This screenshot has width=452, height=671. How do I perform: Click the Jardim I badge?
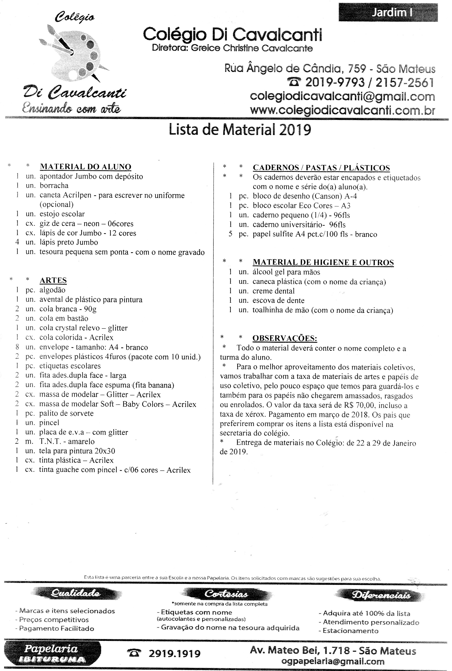point(388,12)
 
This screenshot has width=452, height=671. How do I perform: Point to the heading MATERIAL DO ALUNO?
point(85,167)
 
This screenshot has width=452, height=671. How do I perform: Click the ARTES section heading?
point(53,280)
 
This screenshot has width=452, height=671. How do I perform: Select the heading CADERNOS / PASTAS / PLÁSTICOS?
point(321,168)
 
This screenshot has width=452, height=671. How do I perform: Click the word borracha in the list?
point(54,186)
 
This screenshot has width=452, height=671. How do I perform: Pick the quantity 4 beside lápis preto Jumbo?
point(17,242)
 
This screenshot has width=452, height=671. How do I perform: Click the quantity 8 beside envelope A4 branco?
point(17,347)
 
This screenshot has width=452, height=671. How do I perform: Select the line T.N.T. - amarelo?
point(67,441)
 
